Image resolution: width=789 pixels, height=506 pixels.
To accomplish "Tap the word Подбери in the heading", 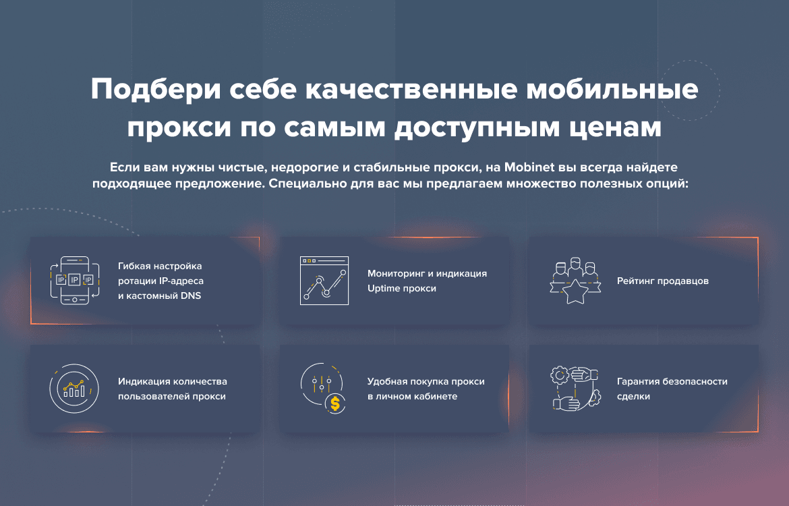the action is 156,90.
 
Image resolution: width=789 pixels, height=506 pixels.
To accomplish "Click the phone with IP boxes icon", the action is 74,280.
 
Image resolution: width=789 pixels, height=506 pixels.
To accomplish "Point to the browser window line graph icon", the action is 324,281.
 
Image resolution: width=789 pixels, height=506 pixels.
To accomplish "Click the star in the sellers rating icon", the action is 575,291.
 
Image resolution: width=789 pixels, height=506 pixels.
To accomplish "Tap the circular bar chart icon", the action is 74,388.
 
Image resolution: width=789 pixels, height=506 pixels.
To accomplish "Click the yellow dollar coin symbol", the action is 335,404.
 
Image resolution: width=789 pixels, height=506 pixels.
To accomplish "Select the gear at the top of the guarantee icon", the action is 560,374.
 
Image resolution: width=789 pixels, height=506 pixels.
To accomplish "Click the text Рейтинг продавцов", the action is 663,281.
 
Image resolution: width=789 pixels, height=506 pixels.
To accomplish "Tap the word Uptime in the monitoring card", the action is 384,289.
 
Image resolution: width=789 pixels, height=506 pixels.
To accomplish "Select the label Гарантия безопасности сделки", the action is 672,389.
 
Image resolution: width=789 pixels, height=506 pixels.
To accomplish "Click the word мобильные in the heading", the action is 612,90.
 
